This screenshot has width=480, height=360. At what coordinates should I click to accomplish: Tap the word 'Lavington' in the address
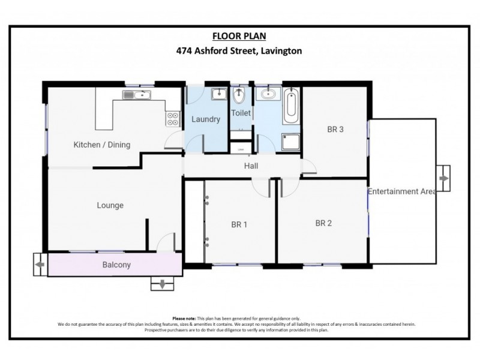click(x=281, y=51)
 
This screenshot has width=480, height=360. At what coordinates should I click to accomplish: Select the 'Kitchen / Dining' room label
click(x=101, y=145)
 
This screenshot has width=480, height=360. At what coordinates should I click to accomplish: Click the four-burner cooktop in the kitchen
click(x=173, y=119)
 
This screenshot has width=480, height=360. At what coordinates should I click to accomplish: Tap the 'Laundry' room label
click(x=206, y=119)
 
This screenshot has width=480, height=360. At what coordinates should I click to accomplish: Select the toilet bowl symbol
click(x=239, y=95)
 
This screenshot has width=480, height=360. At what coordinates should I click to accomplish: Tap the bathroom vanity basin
click(x=266, y=94)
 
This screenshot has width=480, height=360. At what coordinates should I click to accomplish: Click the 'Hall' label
click(x=251, y=166)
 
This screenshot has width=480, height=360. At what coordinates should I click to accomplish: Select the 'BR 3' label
click(x=335, y=128)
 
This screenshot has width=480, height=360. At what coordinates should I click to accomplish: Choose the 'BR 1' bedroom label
click(x=239, y=225)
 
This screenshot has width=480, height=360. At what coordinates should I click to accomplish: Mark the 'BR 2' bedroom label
click(x=323, y=223)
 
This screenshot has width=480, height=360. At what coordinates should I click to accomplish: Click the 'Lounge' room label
click(x=110, y=206)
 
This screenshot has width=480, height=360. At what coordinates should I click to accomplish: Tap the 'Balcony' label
click(x=116, y=265)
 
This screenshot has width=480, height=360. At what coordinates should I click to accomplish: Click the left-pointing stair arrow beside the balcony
click(x=40, y=264)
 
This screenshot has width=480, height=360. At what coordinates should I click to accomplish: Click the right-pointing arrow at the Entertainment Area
click(x=443, y=179)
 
